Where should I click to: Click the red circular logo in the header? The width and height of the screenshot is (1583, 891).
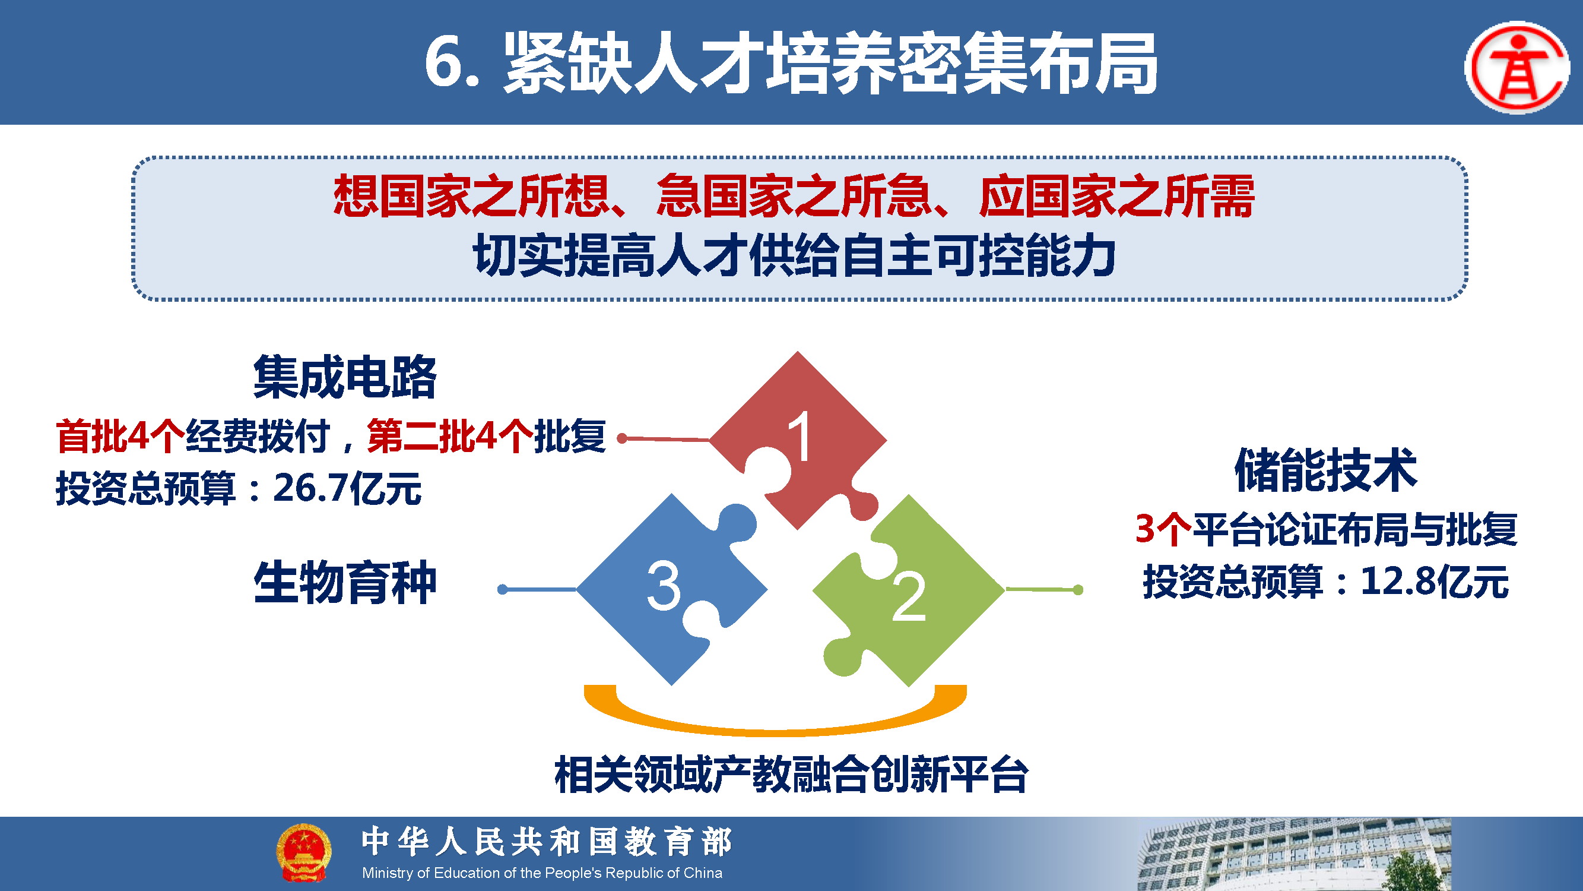click(1517, 68)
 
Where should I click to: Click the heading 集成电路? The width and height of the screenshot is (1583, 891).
click(345, 377)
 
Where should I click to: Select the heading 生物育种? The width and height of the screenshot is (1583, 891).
click(345, 582)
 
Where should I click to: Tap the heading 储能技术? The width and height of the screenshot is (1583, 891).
click(1326, 470)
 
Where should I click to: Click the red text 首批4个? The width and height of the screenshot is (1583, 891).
click(120, 437)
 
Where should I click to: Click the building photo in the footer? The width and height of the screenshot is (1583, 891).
click(1293, 854)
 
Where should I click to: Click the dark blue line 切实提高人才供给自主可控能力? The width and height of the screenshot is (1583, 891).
click(794, 255)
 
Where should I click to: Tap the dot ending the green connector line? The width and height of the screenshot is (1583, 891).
click(1078, 590)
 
